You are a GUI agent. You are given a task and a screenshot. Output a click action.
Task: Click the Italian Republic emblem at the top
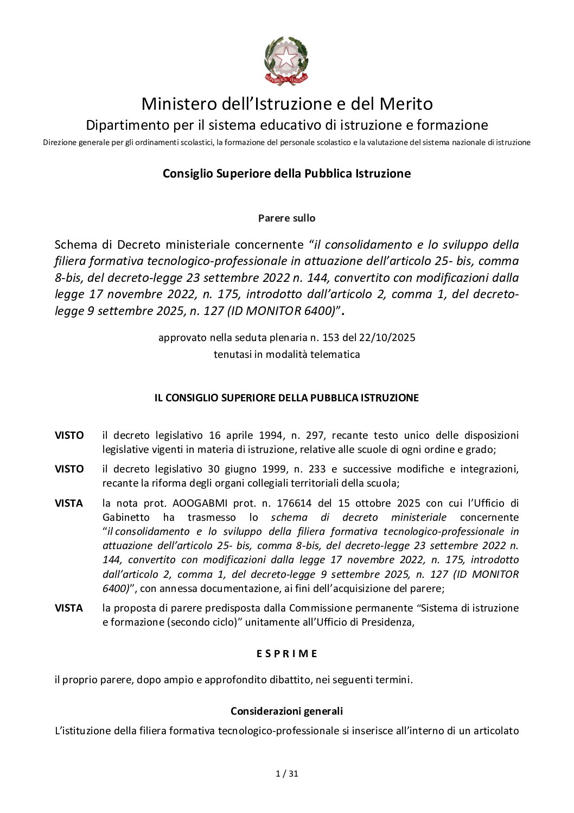[286, 60]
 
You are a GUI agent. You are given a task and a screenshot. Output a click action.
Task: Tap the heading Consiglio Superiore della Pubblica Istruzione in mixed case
[286, 174]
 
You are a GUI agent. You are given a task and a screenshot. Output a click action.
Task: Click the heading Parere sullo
[286, 218]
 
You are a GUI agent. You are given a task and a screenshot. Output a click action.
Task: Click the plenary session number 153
[330, 337]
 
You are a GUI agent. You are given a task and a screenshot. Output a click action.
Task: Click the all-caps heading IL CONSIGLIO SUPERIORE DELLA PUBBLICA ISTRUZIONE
[286, 398]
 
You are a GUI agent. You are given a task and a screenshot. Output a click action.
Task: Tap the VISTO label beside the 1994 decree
[69, 436]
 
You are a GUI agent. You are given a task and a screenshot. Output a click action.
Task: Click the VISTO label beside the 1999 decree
[69, 469]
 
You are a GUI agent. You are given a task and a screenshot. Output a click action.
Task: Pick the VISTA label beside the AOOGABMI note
[69, 503]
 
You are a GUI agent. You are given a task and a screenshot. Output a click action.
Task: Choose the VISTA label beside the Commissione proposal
[69, 608]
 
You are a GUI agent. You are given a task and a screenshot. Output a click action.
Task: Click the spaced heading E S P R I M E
[286, 654]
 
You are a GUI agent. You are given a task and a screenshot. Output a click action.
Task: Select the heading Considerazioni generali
[286, 711]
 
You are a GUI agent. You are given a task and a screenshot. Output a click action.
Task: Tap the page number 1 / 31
[287, 774]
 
